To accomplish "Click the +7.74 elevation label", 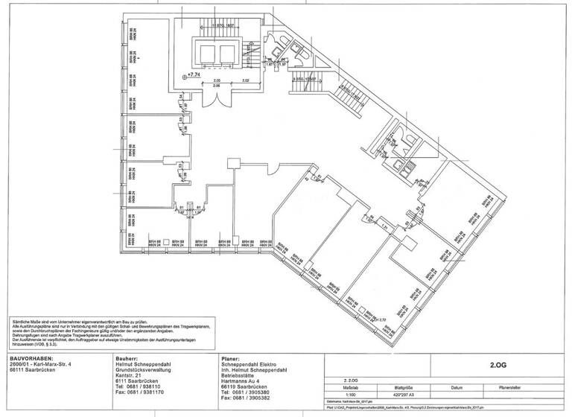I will tap(194, 74).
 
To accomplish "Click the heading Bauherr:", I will tap(128, 357).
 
